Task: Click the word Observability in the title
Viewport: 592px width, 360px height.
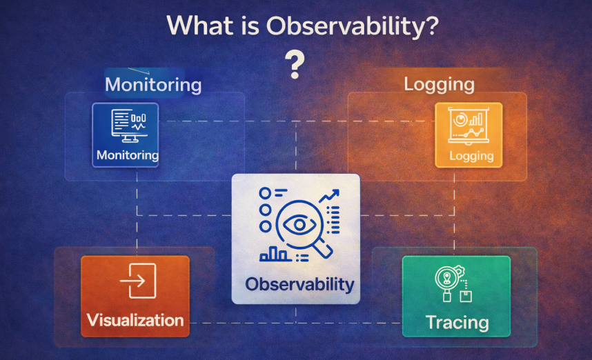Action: tap(353, 26)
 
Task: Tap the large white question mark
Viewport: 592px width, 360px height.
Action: tap(295, 65)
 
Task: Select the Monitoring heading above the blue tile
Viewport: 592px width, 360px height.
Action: tap(153, 85)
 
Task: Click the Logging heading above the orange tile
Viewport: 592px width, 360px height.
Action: tap(439, 85)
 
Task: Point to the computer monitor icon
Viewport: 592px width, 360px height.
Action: tap(129, 126)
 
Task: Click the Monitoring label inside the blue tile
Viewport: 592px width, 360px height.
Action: tap(128, 155)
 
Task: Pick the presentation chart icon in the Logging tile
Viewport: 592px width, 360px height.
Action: tap(468, 126)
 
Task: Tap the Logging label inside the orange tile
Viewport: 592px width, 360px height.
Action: tap(471, 156)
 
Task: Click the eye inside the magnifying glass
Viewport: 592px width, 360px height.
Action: tap(299, 225)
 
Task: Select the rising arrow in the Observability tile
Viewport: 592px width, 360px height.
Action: tap(329, 196)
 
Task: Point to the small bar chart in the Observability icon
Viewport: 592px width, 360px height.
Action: tap(275, 254)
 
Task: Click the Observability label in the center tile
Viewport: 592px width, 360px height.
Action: tap(299, 284)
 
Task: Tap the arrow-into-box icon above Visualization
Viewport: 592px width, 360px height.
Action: tap(138, 281)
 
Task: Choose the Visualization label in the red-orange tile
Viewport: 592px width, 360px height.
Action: tap(135, 321)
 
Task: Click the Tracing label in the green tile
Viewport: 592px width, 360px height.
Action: tap(457, 323)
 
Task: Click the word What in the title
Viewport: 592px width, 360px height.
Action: tap(199, 26)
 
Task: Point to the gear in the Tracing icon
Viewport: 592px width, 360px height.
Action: tap(460, 271)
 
